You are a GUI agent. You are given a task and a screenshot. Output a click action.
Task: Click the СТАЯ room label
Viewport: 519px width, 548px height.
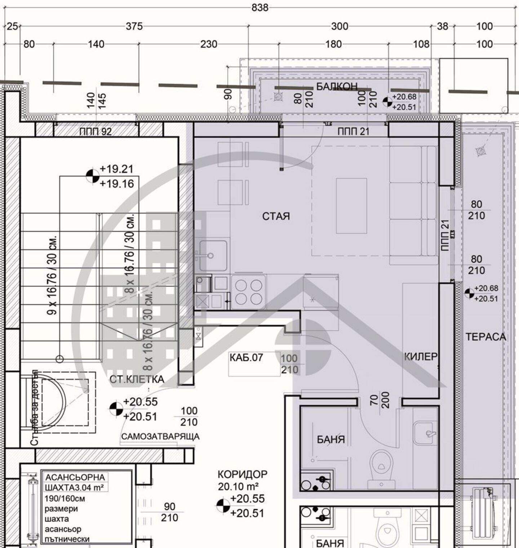click(276, 216)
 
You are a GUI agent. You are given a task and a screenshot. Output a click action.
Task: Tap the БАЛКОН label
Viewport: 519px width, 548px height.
click(337, 86)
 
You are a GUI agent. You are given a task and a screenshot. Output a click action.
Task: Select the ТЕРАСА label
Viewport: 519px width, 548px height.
click(486, 337)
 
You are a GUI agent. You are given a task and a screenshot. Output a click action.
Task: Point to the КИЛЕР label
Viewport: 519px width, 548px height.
click(421, 357)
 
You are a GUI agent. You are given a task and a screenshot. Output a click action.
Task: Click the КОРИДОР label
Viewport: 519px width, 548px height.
click(243, 474)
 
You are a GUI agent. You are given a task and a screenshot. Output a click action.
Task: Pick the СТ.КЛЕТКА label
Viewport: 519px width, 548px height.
click(137, 379)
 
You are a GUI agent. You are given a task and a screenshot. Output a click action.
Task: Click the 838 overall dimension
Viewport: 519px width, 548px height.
click(260, 8)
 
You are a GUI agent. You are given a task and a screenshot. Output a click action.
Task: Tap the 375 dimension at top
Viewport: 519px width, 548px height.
click(134, 26)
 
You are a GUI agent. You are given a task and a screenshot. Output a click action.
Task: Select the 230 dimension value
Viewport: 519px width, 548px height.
click(209, 44)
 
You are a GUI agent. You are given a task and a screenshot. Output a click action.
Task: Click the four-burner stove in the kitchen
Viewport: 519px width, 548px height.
click(249, 292)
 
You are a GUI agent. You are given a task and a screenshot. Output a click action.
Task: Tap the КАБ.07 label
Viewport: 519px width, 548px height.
click(247, 358)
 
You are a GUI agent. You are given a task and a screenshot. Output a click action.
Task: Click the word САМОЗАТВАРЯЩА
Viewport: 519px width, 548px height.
click(160, 437)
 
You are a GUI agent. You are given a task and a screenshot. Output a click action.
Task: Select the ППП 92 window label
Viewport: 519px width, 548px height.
click(96, 132)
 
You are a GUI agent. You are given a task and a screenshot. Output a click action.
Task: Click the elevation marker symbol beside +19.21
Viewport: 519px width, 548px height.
click(93, 176)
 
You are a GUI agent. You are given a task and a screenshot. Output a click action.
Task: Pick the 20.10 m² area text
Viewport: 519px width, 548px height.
click(238, 487)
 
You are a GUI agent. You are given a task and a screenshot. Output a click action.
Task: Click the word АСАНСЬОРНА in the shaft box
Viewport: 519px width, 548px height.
click(75, 477)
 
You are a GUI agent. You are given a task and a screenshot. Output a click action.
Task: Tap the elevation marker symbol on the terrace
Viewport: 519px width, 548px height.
click(469, 293)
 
